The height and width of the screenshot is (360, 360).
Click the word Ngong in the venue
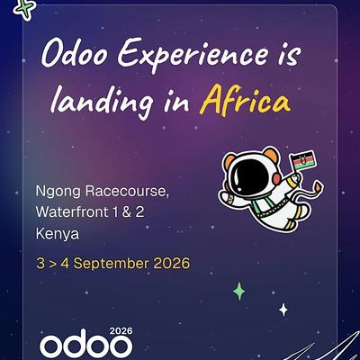pos(56,193)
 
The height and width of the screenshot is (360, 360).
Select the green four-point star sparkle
pos(239,291)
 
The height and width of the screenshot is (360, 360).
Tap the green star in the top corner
pos(27,7)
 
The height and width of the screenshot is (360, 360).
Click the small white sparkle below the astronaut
pos(283,310)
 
